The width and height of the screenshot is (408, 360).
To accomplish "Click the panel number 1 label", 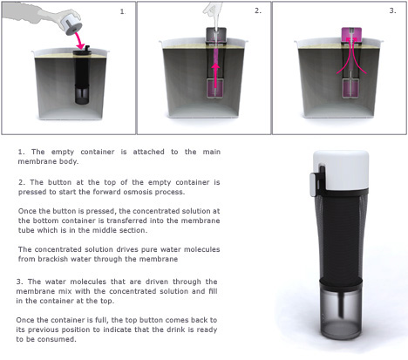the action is [122, 11].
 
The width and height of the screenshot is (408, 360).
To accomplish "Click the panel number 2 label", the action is [258, 10].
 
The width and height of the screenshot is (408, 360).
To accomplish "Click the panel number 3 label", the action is [392, 10].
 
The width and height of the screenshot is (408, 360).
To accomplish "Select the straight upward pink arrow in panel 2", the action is [215, 75].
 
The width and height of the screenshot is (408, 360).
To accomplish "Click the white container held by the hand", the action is [70, 25].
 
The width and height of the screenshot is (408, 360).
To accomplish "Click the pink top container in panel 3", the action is [351, 35].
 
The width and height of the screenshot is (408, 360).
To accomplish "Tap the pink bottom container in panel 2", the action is [215, 89].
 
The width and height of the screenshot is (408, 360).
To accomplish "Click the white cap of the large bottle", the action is [341, 170].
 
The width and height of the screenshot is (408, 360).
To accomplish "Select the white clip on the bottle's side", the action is [313, 183].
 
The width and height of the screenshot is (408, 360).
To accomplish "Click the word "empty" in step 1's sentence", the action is [63, 152].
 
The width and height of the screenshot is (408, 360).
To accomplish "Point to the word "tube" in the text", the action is [25, 230].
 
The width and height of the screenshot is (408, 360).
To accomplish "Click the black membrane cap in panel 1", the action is [82, 51].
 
